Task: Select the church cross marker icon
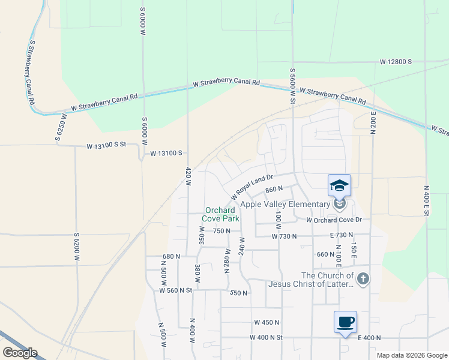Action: [363, 278]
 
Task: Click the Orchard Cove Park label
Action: [220, 214]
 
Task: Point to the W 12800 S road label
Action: [395, 62]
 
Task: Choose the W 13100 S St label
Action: [107, 145]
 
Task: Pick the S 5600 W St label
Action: [293, 85]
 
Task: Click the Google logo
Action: [20, 353]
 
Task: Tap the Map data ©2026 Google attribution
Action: [412, 355]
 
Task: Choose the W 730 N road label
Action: [285, 237]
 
